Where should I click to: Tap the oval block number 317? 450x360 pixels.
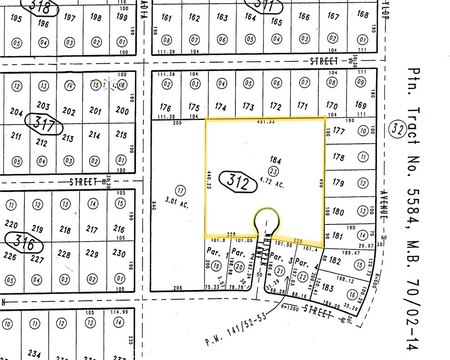click(x=41, y=125)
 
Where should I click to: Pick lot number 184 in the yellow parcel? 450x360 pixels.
click(x=271, y=159)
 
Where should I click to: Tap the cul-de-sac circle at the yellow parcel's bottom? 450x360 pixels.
click(x=266, y=219)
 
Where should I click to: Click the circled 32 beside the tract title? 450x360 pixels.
click(x=427, y=131)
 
